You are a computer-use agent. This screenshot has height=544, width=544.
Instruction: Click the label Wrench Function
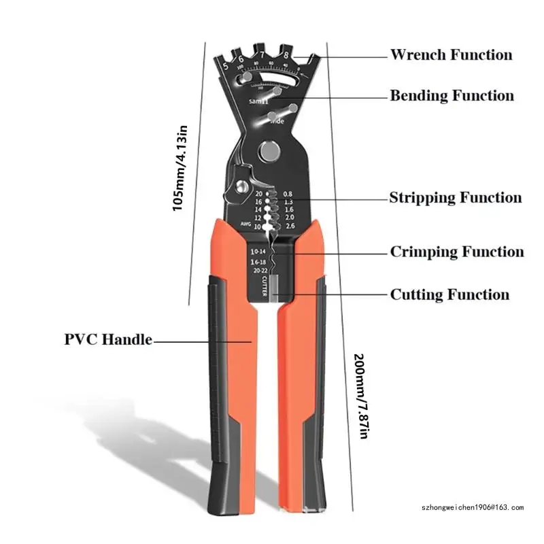pyautogui.click(x=451, y=54)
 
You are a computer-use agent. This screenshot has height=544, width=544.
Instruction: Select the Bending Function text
pyautogui.click(x=452, y=95)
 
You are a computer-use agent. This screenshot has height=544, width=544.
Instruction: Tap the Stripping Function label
pyautogui.click(x=455, y=198)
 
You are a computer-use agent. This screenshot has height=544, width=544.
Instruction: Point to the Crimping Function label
pyautogui.click(x=457, y=252)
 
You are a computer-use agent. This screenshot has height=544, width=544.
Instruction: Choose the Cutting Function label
pyautogui.click(x=449, y=294)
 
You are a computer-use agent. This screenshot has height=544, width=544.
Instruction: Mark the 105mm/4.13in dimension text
pyautogui.click(x=180, y=167)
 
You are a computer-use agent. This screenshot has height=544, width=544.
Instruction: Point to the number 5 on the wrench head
pyautogui.click(x=225, y=66)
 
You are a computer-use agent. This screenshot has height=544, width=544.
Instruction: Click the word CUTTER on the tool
pyautogui.click(x=264, y=286)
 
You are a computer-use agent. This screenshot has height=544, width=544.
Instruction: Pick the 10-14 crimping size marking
pyautogui.click(x=258, y=252)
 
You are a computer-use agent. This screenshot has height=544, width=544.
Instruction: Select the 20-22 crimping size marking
pyautogui.click(x=258, y=270)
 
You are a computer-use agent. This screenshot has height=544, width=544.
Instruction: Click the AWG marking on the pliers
pyautogui.click(x=246, y=223)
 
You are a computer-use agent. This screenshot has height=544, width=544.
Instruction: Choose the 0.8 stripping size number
pyautogui.click(x=288, y=194)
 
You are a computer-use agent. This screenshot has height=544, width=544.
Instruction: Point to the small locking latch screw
pyautogui.click(x=241, y=186)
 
